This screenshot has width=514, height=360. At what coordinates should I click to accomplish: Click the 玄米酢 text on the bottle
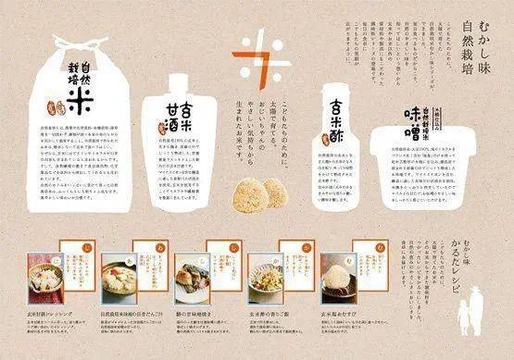[x=333, y=122]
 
